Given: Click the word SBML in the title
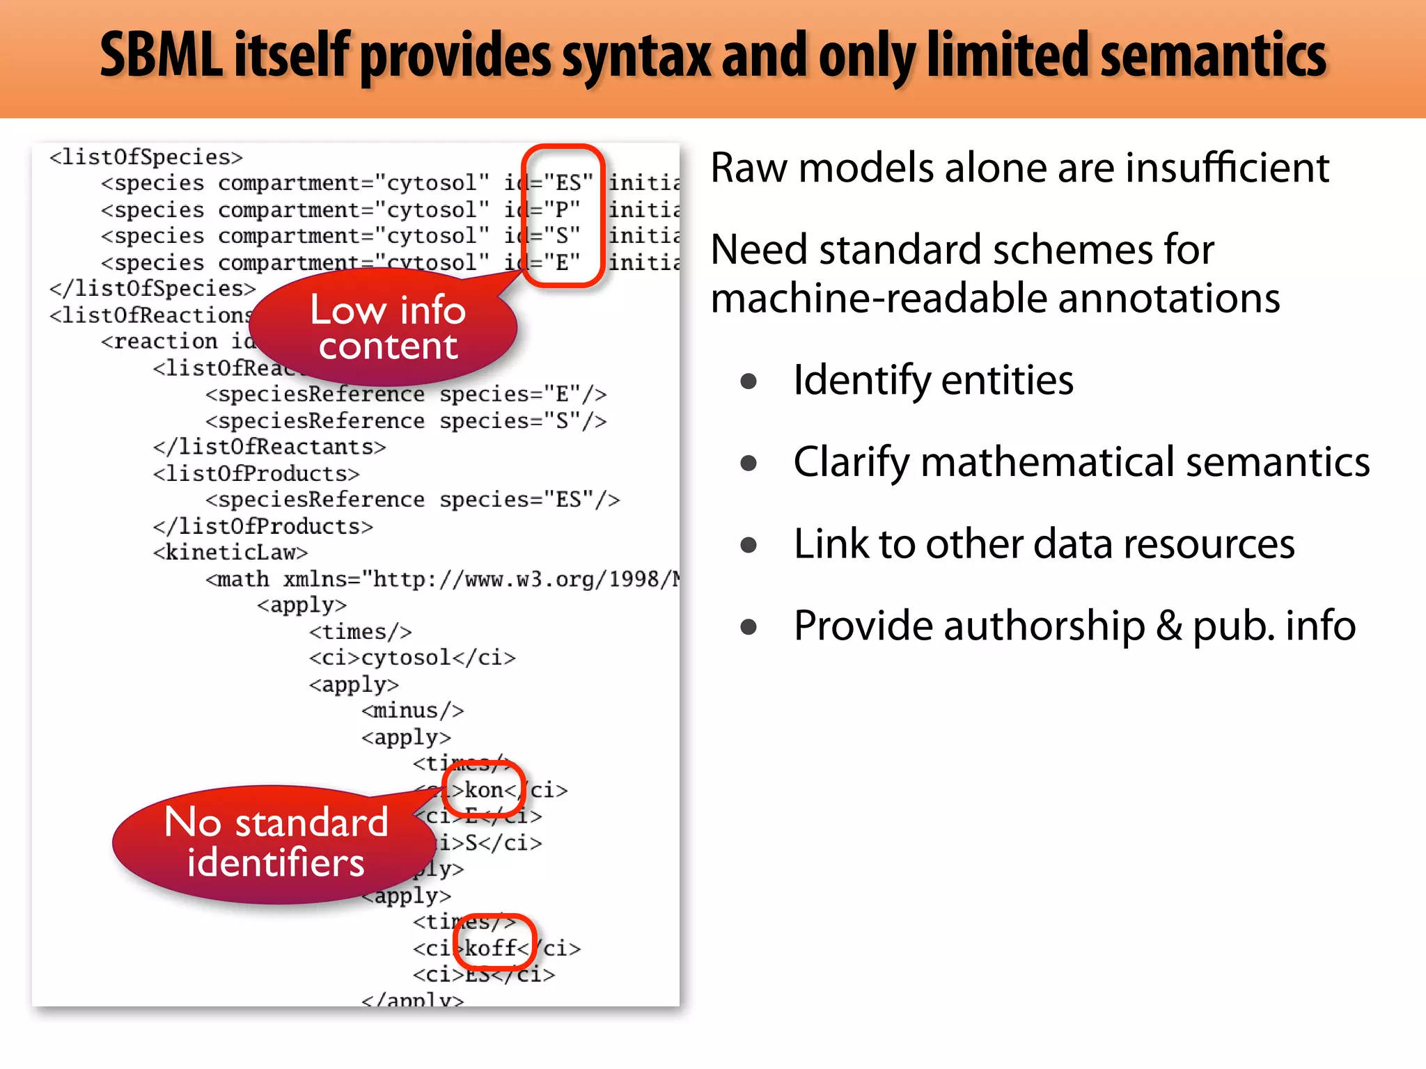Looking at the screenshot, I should coord(162,56).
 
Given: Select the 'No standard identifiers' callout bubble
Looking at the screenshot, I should coord(276,842).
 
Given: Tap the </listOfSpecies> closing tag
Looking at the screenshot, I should coord(152,289).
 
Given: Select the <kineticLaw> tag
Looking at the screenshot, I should coord(230,553).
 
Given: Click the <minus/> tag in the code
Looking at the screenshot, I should coord(412,711).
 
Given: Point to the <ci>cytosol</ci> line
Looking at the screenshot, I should coord(412,658).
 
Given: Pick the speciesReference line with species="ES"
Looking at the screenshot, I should coord(412,500).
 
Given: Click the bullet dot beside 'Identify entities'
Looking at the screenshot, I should coord(749,381).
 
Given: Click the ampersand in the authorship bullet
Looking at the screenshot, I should coord(1169,626).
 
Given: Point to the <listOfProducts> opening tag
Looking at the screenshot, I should coord(256,474).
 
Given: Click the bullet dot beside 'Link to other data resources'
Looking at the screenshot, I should coord(749,545).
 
